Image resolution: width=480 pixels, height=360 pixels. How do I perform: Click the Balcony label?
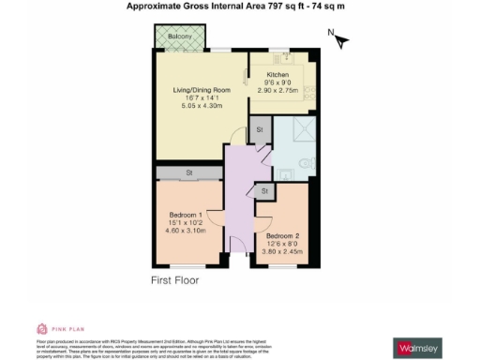(x=180, y=37)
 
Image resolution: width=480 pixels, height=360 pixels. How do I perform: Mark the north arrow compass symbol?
(x=339, y=40)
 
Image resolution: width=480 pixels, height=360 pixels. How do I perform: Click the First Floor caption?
(x=177, y=279)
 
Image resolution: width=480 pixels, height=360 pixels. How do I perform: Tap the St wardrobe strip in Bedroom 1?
(x=188, y=172)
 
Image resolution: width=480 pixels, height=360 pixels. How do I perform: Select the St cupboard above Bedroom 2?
(x=265, y=191)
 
